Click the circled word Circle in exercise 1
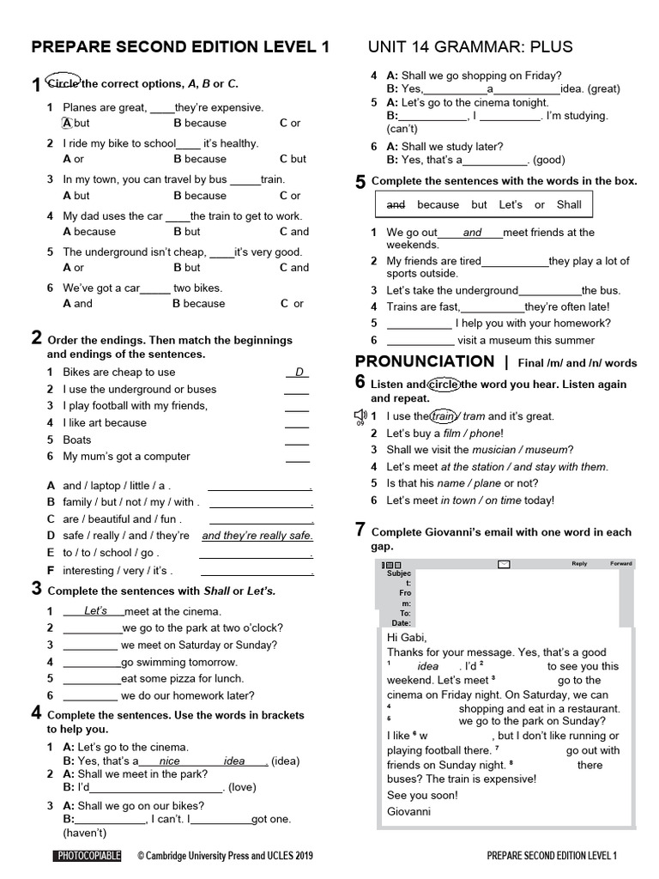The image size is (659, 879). click(62, 83)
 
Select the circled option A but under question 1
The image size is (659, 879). click(76, 123)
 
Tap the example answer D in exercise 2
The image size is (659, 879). click(299, 372)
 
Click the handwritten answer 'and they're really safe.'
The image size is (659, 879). click(257, 536)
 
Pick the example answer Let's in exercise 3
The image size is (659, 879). click(95, 611)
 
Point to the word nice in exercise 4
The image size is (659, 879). click(170, 761)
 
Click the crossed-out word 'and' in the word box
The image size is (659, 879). click(396, 204)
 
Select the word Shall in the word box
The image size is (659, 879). click(569, 204)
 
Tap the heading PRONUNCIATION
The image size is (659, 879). click(425, 361)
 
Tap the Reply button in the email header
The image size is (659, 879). click(579, 564)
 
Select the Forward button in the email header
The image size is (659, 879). click(620, 564)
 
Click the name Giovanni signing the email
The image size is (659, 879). click(409, 810)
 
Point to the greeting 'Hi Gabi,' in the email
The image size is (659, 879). click(407, 638)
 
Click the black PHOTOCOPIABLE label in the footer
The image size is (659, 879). click(88, 856)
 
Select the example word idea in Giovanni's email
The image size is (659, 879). click(427, 666)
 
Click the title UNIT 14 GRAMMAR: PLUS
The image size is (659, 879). click(469, 46)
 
